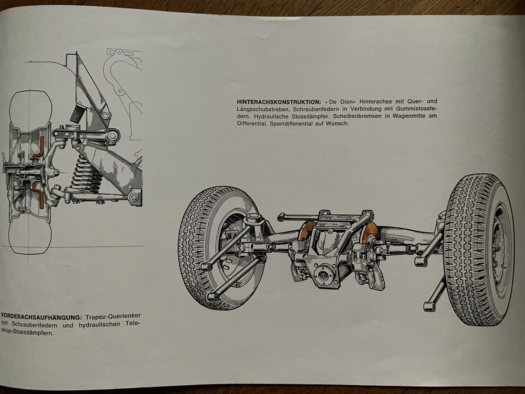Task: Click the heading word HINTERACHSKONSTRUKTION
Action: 279,102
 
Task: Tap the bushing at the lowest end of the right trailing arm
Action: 429,306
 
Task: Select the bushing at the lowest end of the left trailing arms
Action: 213,297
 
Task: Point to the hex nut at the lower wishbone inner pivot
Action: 133,197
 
